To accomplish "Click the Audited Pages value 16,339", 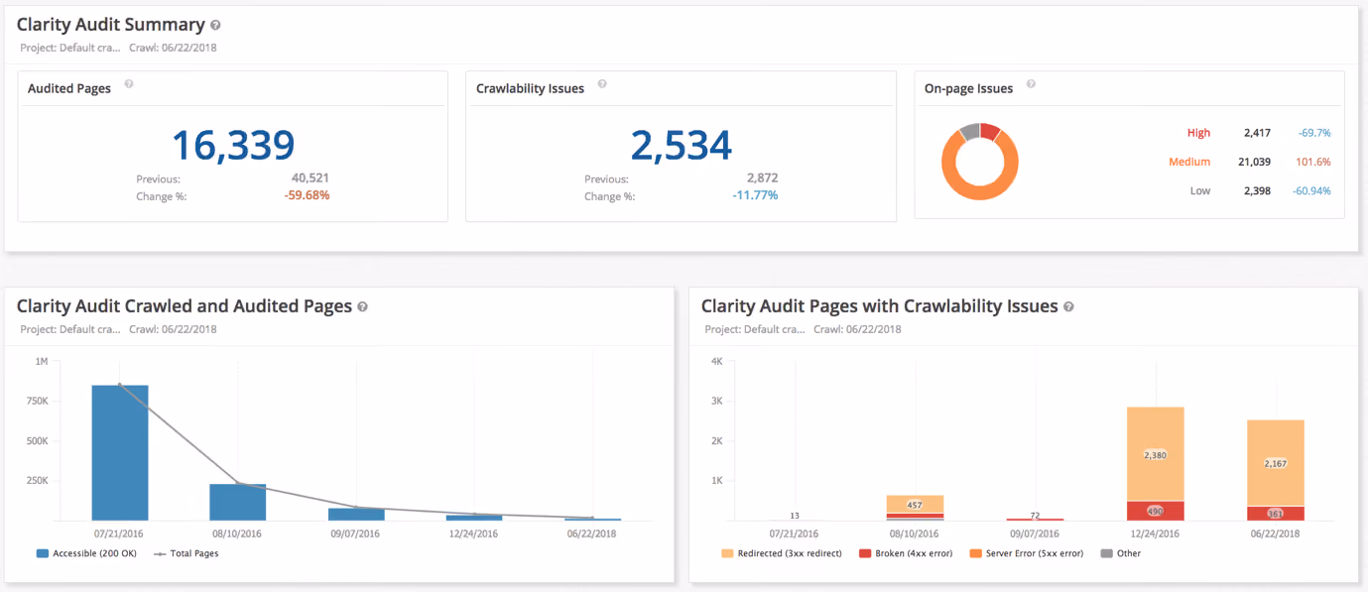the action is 233,145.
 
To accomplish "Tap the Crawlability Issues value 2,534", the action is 681,145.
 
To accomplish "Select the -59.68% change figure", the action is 307,195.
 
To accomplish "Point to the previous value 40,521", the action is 311,178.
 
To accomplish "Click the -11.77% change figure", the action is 755,195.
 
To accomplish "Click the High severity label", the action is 1198,133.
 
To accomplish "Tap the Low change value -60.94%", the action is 1311,191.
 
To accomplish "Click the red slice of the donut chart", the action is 990,131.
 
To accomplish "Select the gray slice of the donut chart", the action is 970,132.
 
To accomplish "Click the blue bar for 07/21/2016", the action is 120,453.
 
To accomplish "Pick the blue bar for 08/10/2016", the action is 237,503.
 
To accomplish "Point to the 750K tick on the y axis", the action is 38,401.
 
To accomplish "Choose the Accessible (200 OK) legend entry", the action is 86,553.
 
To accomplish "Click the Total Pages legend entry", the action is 187,553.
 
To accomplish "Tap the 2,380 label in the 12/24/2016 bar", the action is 1155,455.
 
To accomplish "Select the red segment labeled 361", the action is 1275,514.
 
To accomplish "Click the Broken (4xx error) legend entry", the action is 906,553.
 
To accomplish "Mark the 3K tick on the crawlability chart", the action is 717,401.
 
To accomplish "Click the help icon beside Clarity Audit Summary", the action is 215,25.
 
